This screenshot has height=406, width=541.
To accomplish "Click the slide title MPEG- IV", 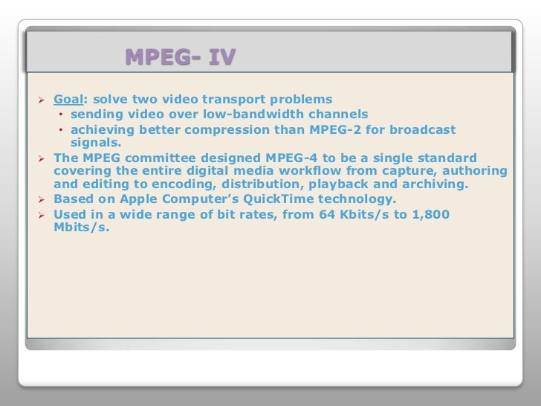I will [x=179, y=57].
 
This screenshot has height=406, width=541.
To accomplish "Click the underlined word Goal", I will [x=68, y=99].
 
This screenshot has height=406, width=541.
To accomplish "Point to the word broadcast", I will [x=422, y=130].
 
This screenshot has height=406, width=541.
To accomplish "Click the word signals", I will [x=95, y=142].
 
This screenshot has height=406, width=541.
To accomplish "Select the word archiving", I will [x=436, y=184].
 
